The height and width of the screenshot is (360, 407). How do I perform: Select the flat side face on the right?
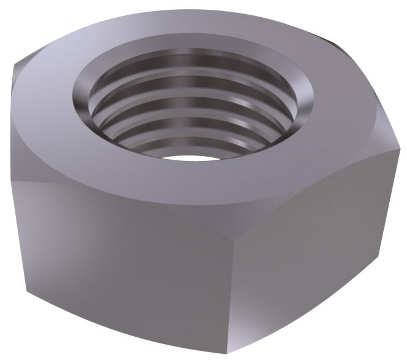[318, 245]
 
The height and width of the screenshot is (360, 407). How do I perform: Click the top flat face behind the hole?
[184, 24]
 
